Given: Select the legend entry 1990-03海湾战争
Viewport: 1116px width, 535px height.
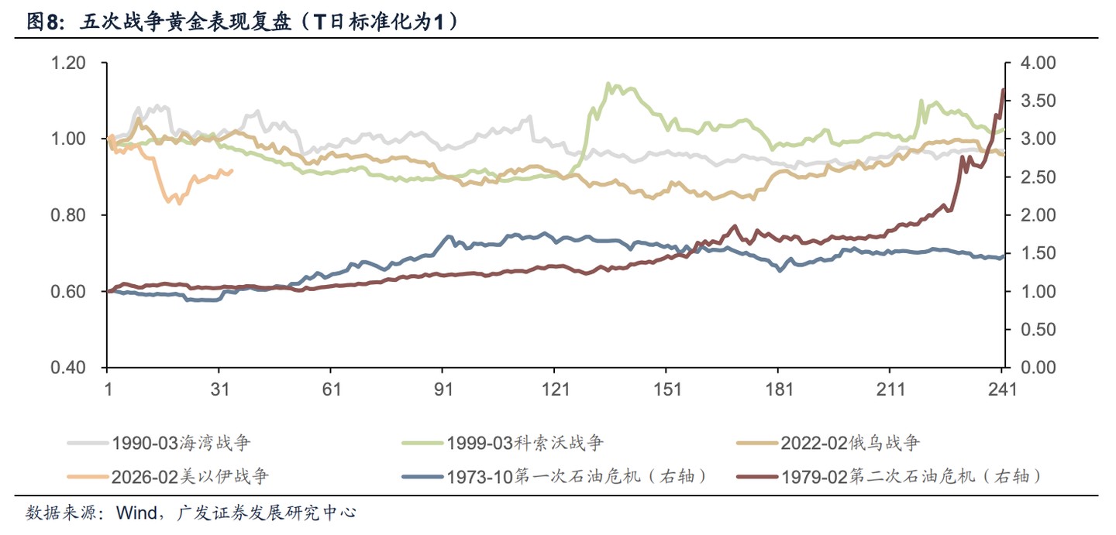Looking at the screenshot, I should [181, 444].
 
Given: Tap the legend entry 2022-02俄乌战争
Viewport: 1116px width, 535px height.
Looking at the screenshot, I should [849, 444].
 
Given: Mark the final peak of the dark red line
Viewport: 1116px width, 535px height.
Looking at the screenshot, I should [1003, 90].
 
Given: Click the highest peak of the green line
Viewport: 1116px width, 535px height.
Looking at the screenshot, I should [608, 84].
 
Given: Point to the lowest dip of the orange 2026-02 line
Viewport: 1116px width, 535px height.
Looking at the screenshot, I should [180, 203].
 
